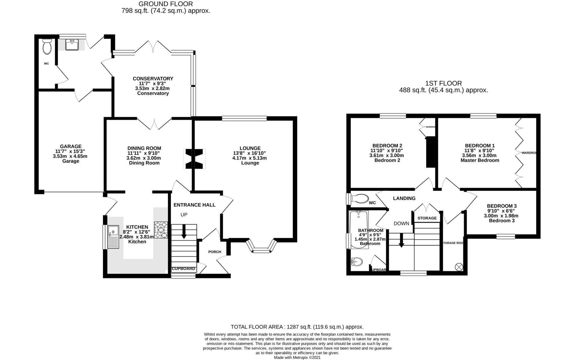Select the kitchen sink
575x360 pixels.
pyautogui.click(x=113, y=237)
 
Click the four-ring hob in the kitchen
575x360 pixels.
pyautogui.click(x=161, y=230)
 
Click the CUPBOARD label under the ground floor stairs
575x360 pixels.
pyautogui.click(x=183, y=269)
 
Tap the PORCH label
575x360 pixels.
pyautogui.click(x=215, y=252)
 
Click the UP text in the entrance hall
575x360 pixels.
pyautogui.click(x=184, y=215)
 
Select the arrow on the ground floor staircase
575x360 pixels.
pyautogui.click(x=184, y=232)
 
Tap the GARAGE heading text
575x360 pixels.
pyautogui.click(x=70, y=146)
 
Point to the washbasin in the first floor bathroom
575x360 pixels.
pyautogui.click(x=357, y=262)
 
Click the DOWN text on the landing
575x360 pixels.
pyautogui.click(x=401, y=224)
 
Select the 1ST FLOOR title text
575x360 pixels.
pyautogui.click(x=443, y=83)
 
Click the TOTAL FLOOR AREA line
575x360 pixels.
pyautogui.click(x=297, y=327)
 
